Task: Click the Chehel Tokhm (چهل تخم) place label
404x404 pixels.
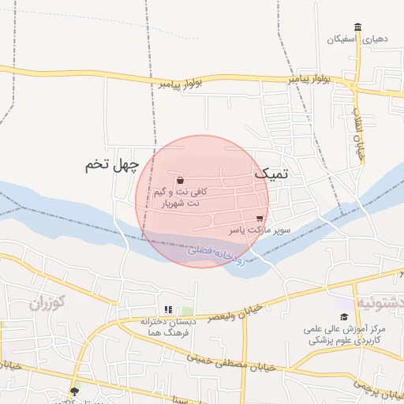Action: pyautogui.click(x=111, y=166)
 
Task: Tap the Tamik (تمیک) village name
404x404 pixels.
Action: pyautogui.click(x=271, y=172)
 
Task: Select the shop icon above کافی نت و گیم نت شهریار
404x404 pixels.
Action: pyautogui.click(x=181, y=180)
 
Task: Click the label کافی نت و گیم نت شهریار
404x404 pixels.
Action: pyautogui.click(x=181, y=197)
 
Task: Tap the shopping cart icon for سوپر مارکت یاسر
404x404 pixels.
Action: pyautogui.click(x=260, y=219)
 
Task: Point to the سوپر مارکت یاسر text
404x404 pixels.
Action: pyautogui.click(x=260, y=231)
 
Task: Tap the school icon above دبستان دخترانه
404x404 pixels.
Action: pyautogui.click(x=167, y=309)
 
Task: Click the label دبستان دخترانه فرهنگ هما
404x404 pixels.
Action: pyautogui.click(x=168, y=327)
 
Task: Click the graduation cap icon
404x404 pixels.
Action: pyautogui.click(x=344, y=316)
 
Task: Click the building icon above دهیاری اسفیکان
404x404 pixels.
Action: pyautogui.click(x=358, y=28)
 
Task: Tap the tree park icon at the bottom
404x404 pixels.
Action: pyautogui.click(x=75, y=391)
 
